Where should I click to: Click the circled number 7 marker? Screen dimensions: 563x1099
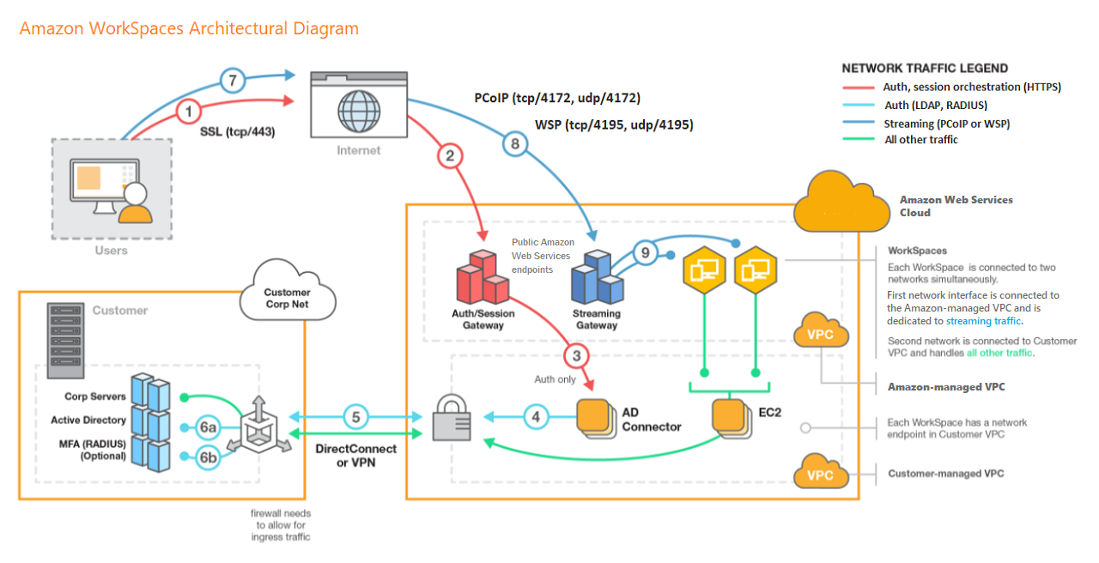pyautogui.click(x=231, y=82)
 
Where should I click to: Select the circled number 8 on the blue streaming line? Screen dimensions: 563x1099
pyautogui.click(x=515, y=144)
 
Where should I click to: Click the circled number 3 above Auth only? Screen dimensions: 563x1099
pyautogui.click(x=577, y=354)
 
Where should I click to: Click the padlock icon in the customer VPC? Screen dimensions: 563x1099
pyautogui.click(x=452, y=418)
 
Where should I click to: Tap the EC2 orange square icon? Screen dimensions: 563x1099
pyautogui.click(x=729, y=418)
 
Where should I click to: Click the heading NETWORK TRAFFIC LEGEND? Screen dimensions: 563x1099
pyautogui.click(x=925, y=68)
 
